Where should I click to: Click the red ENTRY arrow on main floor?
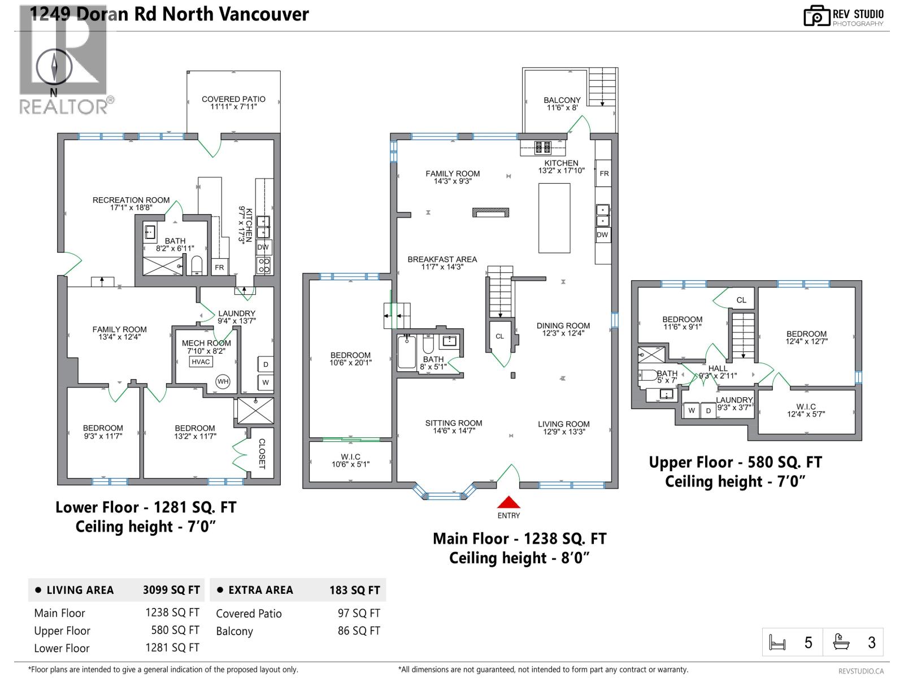click(x=508, y=502)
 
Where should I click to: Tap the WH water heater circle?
click(x=223, y=381)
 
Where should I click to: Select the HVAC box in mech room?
click(x=201, y=362)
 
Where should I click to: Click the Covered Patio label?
click(x=233, y=102)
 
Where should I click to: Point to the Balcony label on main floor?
click(x=562, y=103)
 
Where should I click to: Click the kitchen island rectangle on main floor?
click(x=554, y=218)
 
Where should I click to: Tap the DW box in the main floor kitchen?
click(x=602, y=234)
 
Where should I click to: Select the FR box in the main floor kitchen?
click(x=604, y=173)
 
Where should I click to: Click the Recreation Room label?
click(x=131, y=203)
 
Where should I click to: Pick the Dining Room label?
click(x=563, y=329)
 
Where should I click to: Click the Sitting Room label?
click(x=454, y=427)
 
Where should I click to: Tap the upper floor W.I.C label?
click(x=806, y=410)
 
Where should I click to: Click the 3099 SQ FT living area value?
click(x=171, y=590)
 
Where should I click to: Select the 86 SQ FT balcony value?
click(x=359, y=631)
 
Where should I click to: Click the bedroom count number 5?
click(x=808, y=642)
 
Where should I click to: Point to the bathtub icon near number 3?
click(x=841, y=642)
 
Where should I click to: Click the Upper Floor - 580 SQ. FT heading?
click(x=734, y=462)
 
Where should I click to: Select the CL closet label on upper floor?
click(x=741, y=300)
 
